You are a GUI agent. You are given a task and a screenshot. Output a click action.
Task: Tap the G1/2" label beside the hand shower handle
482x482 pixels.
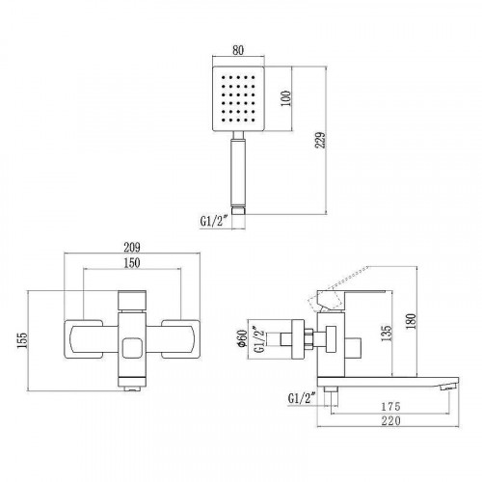213,219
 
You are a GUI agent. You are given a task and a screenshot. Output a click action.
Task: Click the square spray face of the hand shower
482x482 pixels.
237,101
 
